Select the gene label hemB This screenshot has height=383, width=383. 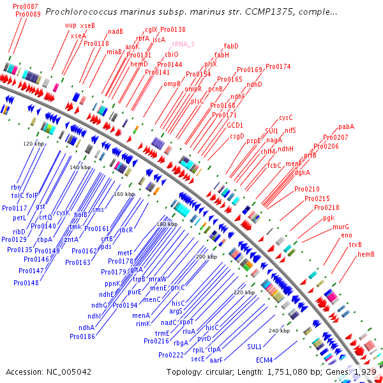(x=365, y=254)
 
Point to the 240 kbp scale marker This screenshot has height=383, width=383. (x=280, y=331)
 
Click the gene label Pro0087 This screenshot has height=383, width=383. (x=25, y=6)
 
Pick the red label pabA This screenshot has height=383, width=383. (x=346, y=126)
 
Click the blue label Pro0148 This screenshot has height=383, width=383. (x=26, y=283)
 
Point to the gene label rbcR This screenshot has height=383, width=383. (x=126, y=230)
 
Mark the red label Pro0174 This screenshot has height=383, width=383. (x=278, y=66)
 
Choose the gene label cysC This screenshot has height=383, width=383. (x=285, y=117)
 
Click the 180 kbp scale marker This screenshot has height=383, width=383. (x=167, y=224)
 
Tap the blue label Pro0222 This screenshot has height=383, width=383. (x=171, y=355)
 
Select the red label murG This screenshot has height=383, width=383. (x=341, y=227)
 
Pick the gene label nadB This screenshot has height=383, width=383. (x=116, y=31)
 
